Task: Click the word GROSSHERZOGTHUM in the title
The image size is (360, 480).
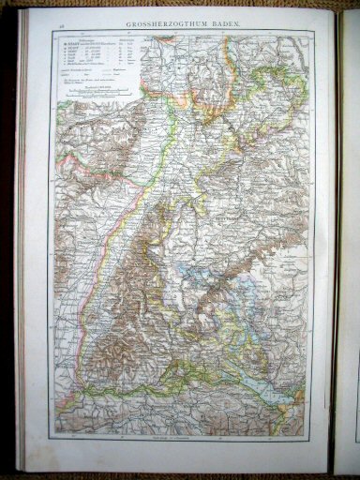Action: click(173, 19)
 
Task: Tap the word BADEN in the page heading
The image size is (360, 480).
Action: click(230, 19)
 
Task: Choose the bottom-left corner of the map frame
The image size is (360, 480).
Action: click(53, 434)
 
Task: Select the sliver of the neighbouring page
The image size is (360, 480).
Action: click(350, 234)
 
